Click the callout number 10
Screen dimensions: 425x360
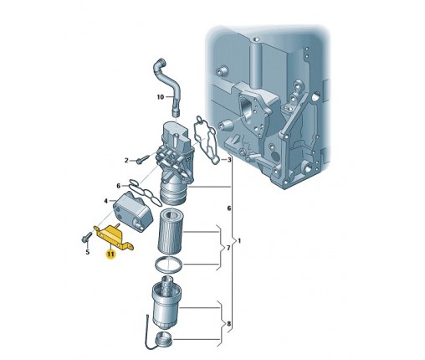(x=160, y=97)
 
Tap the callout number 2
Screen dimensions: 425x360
(x=126, y=161)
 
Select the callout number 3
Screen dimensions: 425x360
(x=229, y=160)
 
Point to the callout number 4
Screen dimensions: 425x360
(x=106, y=201)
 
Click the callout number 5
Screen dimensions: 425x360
(x=88, y=252)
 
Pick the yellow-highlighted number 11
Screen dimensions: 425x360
(x=111, y=255)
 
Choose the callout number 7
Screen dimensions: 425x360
(x=228, y=248)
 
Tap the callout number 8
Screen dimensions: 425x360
(x=228, y=324)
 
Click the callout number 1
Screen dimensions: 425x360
(x=239, y=240)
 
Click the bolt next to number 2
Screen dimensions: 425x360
(x=142, y=160)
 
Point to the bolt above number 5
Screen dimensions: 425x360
(x=86, y=237)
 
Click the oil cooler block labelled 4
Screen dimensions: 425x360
(x=132, y=212)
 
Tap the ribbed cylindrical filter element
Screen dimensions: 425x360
(x=170, y=231)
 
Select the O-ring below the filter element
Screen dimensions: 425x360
(x=169, y=264)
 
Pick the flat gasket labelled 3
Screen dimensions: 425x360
(x=207, y=140)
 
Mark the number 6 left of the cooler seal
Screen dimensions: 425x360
(x=119, y=186)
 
